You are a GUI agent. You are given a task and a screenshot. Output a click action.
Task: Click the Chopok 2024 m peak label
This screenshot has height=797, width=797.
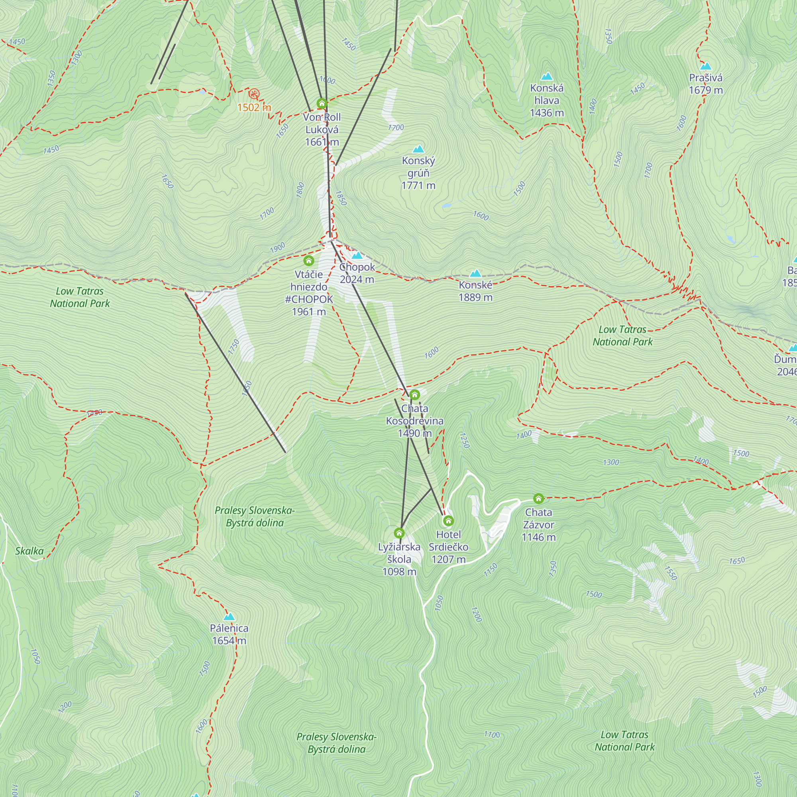click(x=357, y=273)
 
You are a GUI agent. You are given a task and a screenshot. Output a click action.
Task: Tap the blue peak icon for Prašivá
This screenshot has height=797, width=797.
click(x=706, y=67)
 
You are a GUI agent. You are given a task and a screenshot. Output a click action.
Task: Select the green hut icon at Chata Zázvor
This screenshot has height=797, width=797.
click(x=538, y=499)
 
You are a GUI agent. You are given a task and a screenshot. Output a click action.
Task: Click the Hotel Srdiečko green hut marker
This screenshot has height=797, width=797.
click(x=448, y=520)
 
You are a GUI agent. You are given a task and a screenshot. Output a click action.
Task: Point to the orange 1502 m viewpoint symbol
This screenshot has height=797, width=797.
click(x=254, y=94)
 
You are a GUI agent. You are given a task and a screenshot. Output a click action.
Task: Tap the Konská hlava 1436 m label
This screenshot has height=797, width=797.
click(x=547, y=100)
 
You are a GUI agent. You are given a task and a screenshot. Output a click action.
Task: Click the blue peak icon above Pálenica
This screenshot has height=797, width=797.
click(x=229, y=617)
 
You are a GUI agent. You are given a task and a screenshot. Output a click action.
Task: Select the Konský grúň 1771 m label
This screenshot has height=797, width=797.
click(x=418, y=173)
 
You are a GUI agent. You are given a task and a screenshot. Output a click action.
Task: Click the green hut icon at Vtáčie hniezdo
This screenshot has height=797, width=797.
click(x=308, y=261)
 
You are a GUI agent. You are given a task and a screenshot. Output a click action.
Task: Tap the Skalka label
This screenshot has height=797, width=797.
click(x=29, y=551)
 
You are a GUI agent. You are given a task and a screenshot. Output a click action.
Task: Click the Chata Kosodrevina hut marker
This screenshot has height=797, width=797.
click(x=414, y=395)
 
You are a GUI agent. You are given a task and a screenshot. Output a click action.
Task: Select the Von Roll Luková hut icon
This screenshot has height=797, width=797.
click(x=322, y=103)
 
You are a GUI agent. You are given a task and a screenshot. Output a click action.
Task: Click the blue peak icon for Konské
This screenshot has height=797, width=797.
click(x=476, y=273)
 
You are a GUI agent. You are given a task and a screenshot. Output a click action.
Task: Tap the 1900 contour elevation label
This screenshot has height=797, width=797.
click(x=278, y=248)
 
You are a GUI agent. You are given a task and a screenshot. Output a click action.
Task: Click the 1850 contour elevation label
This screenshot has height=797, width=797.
click(x=341, y=198)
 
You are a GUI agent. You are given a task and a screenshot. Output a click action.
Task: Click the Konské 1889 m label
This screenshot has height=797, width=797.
click(x=476, y=291)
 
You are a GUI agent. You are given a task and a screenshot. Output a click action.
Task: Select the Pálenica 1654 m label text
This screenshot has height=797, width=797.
click(x=229, y=634)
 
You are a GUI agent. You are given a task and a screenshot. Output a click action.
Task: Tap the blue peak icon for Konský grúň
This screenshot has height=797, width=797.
click(x=418, y=149)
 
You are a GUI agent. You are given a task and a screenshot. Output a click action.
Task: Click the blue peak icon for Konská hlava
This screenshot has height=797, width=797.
click(x=547, y=77)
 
